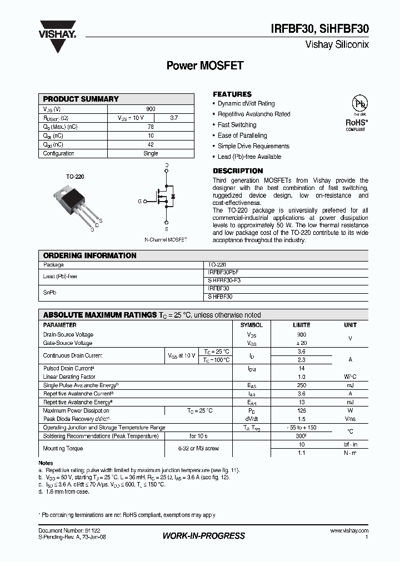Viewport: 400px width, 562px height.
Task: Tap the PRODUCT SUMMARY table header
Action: click(81, 99)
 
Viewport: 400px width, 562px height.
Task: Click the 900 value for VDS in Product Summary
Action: click(151, 109)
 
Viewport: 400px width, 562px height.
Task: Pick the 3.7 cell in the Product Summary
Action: click(174, 118)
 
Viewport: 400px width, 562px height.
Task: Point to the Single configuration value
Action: click(151, 153)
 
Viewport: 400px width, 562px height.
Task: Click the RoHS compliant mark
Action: click(356, 123)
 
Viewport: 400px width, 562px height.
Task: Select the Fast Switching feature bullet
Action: click(237, 125)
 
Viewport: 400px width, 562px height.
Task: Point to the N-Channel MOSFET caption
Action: click(166, 239)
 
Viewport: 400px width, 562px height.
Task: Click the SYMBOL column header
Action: click(251, 325)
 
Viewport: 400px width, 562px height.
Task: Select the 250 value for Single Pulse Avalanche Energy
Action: click(302, 385)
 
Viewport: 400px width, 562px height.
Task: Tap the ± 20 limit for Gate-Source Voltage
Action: click(302, 343)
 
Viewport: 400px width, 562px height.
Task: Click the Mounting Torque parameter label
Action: click(63, 448)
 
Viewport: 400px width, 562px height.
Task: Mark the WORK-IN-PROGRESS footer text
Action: click(203, 536)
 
